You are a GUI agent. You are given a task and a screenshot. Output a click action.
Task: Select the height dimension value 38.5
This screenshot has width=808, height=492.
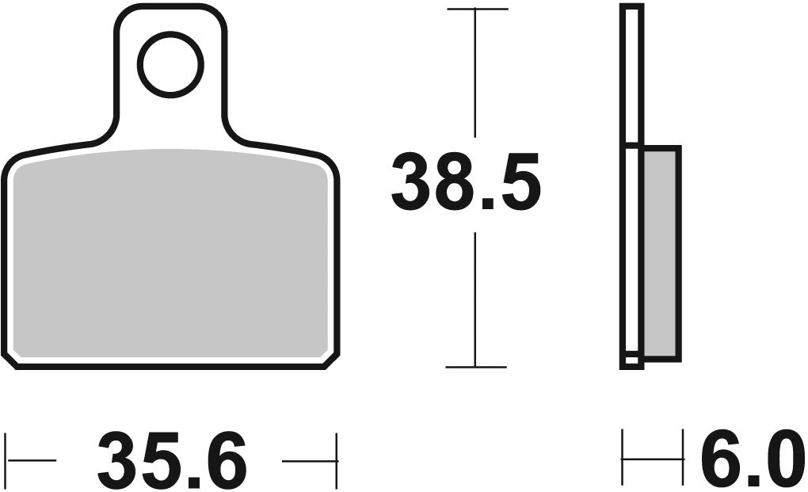point(466,184)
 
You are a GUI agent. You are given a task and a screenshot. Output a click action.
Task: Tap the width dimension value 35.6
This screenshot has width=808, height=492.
point(172,460)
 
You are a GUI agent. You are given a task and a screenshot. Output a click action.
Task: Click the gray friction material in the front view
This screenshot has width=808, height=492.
point(170,254)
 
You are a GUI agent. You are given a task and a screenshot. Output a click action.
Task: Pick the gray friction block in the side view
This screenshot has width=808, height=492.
point(662,252)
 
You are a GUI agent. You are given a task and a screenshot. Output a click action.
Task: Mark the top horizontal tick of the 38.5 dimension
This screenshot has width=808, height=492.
point(477,9)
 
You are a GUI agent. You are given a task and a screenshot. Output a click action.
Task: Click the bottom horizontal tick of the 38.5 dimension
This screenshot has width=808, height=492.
point(476,368)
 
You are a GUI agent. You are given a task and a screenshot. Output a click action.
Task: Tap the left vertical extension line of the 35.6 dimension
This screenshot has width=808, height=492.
point(7,460)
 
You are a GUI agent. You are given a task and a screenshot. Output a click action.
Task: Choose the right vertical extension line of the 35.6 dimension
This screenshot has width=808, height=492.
point(337,460)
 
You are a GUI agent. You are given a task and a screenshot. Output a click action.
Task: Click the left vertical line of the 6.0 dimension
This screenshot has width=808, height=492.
point(623,458)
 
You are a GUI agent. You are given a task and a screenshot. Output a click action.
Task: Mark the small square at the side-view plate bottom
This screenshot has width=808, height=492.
point(631,360)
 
